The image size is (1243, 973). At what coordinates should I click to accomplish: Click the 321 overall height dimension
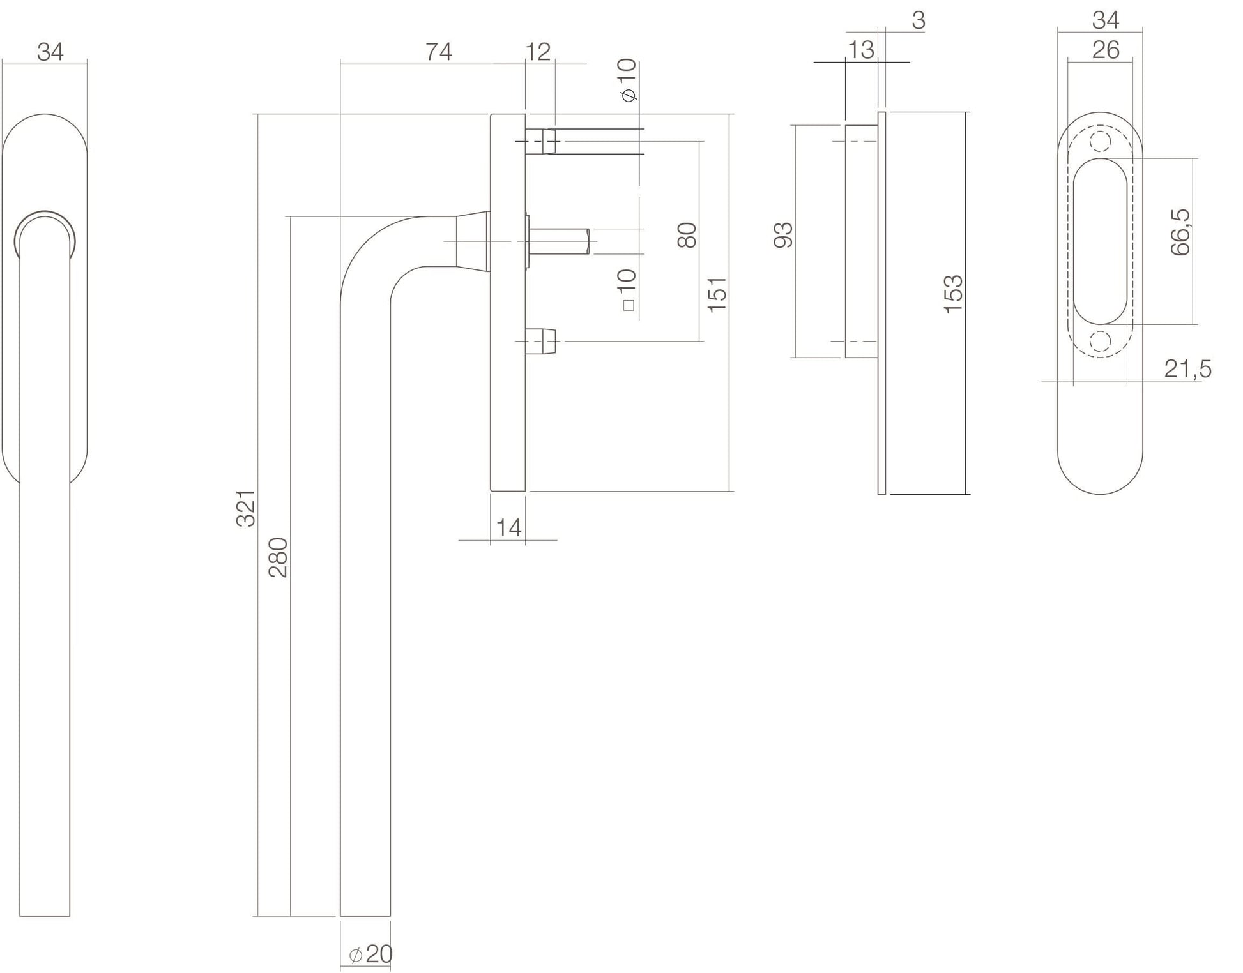click(246, 508)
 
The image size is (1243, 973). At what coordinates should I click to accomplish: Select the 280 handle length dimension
click(278, 557)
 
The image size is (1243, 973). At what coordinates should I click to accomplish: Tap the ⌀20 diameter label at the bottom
click(370, 954)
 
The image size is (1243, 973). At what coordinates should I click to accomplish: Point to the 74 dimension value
click(439, 52)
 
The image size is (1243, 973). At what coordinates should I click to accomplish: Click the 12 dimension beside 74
click(537, 52)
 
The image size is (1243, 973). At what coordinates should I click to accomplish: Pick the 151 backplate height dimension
click(717, 294)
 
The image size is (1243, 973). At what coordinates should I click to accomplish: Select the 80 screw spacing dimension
click(687, 235)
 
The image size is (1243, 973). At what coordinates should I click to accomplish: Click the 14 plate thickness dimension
click(508, 528)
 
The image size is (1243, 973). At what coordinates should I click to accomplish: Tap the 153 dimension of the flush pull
click(953, 294)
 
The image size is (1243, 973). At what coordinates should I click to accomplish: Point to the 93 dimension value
click(783, 235)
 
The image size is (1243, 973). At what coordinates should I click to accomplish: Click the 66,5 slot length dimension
click(1180, 232)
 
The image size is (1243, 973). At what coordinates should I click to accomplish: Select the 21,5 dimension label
click(1187, 369)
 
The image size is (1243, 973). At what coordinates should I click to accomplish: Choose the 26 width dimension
click(1105, 50)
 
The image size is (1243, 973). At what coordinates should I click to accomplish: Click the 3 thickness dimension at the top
click(918, 21)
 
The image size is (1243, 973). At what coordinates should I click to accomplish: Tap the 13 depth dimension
click(861, 50)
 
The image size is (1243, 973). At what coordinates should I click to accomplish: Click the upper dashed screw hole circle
click(1100, 141)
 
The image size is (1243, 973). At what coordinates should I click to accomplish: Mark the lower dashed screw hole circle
click(1100, 342)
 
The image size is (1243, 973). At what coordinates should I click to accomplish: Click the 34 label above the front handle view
click(50, 52)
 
